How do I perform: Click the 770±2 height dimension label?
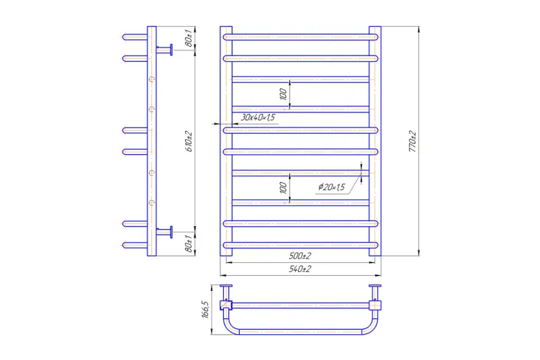(x=413, y=142)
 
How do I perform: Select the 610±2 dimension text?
(x=189, y=142)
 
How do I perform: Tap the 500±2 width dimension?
(x=300, y=256)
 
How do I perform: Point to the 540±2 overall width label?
(x=300, y=269)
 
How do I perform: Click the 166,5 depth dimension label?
(x=205, y=310)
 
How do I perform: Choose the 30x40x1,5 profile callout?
(x=258, y=117)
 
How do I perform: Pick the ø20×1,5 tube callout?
(x=331, y=187)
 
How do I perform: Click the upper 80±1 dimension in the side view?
(x=189, y=38)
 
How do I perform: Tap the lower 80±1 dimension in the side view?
(x=189, y=243)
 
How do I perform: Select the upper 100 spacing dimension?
(x=283, y=94)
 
